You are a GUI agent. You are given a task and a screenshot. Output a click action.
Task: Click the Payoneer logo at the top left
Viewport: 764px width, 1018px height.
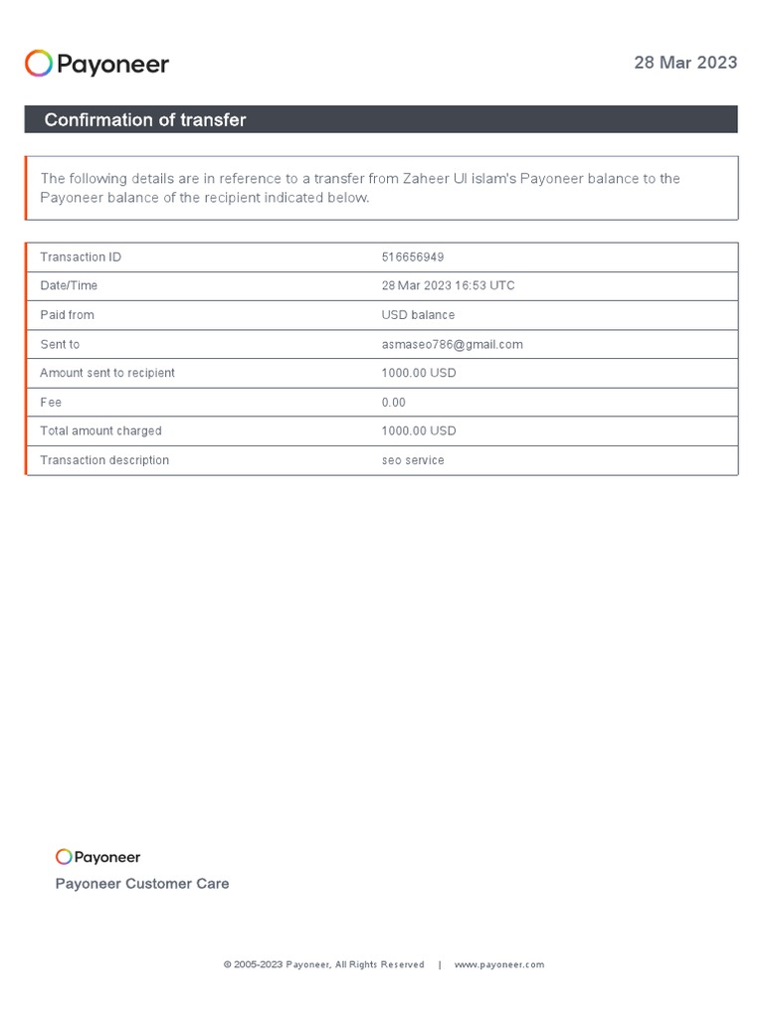[96, 65]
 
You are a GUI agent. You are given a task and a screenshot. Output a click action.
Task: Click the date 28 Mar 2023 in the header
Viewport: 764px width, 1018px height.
[685, 63]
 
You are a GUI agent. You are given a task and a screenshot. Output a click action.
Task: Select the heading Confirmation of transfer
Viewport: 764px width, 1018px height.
[144, 120]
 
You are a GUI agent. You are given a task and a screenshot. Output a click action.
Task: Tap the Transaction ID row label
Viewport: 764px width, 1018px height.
[81, 257]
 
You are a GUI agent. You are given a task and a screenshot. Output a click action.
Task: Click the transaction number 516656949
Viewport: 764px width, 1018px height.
[413, 257]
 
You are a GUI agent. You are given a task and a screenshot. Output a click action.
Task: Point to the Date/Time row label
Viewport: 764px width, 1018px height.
[69, 286]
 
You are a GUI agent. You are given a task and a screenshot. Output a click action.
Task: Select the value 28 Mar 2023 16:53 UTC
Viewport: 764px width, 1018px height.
[448, 286]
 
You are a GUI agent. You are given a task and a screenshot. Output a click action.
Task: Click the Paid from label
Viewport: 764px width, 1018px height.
[67, 315]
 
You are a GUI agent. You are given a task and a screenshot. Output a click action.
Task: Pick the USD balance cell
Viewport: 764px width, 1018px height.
[418, 315]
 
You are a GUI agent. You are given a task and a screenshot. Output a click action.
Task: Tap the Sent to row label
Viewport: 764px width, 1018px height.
[60, 344]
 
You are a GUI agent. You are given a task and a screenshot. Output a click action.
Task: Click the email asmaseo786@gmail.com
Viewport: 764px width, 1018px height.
[452, 344]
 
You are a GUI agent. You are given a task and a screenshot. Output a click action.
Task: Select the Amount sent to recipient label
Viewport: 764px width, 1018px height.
[107, 373]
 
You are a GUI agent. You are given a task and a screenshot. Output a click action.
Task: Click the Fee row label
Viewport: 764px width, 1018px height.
[51, 403]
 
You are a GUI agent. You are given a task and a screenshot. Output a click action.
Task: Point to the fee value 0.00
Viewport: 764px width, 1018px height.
[394, 403]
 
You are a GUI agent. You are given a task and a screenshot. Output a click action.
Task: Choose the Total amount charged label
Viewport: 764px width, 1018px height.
[100, 431]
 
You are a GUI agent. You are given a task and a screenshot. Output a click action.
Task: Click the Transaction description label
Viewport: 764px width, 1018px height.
[104, 460]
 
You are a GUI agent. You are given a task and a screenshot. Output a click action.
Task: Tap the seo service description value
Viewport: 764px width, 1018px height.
[413, 460]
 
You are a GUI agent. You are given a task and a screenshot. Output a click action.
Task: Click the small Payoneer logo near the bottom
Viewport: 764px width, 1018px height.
[97, 857]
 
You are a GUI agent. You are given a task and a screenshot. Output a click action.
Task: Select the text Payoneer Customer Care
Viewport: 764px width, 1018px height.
[142, 884]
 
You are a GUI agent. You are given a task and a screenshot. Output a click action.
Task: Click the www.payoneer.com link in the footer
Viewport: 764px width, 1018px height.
[499, 964]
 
